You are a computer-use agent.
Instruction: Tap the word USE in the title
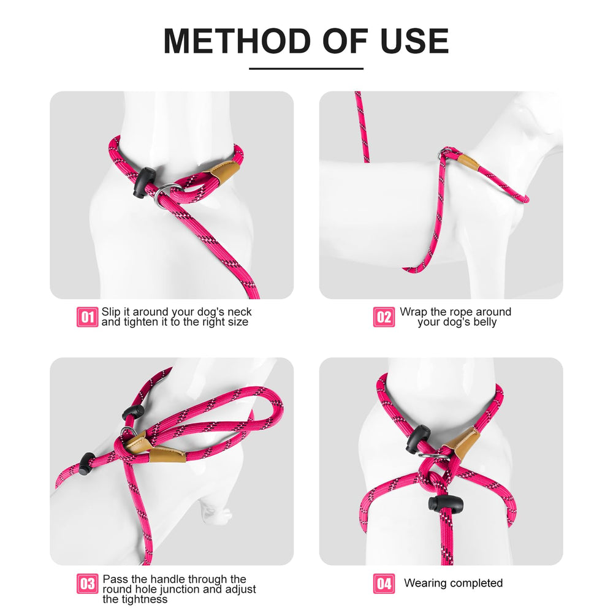tap(416, 41)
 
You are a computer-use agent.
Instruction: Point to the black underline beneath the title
tap(306, 69)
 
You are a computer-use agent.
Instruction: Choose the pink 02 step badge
tap(384, 317)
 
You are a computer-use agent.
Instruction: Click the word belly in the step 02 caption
tap(484, 322)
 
